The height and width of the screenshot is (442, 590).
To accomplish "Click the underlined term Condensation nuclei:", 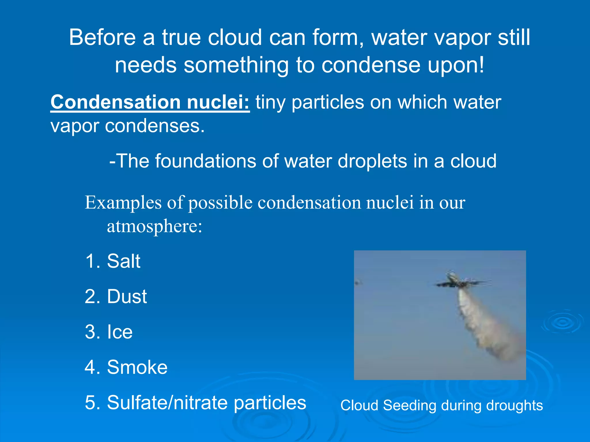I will click(150, 102).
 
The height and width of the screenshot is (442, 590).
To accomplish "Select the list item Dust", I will click(127, 297).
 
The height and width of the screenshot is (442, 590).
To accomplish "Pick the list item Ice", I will click(120, 332).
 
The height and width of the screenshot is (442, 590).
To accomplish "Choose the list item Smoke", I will click(137, 367).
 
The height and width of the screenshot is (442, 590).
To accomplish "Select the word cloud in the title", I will click(235, 38).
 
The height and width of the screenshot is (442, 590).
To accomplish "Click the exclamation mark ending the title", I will click(481, 65).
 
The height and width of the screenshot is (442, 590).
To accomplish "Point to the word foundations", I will click(206, 161).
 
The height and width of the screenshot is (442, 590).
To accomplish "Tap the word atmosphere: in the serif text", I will click(154, 226).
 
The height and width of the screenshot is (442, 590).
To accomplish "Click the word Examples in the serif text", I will click(123, 203).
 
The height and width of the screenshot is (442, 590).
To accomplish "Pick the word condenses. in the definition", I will click(155, 126).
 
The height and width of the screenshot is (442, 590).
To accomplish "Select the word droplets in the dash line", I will click(372, 161).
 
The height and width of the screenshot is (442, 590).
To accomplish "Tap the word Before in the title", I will click(102, 38).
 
